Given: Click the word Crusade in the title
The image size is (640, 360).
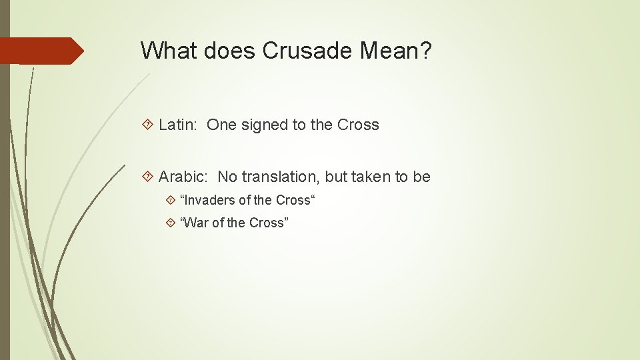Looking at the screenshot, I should coord(300,51).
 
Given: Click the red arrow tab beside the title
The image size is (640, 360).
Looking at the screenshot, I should coord(41,51).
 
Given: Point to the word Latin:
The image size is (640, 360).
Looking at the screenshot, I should coord(179,125).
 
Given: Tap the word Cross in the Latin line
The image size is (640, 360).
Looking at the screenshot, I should coord(358,125).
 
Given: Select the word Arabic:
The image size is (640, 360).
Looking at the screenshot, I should coord(184,177).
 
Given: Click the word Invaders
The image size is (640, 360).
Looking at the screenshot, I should coord(209,200).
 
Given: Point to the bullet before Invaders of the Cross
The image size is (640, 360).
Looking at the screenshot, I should coord(171,200).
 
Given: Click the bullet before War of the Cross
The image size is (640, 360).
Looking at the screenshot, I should coord(171,223).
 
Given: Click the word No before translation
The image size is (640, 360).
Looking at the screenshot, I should coord(227,177).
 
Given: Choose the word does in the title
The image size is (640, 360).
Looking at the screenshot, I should coord(224,51).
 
